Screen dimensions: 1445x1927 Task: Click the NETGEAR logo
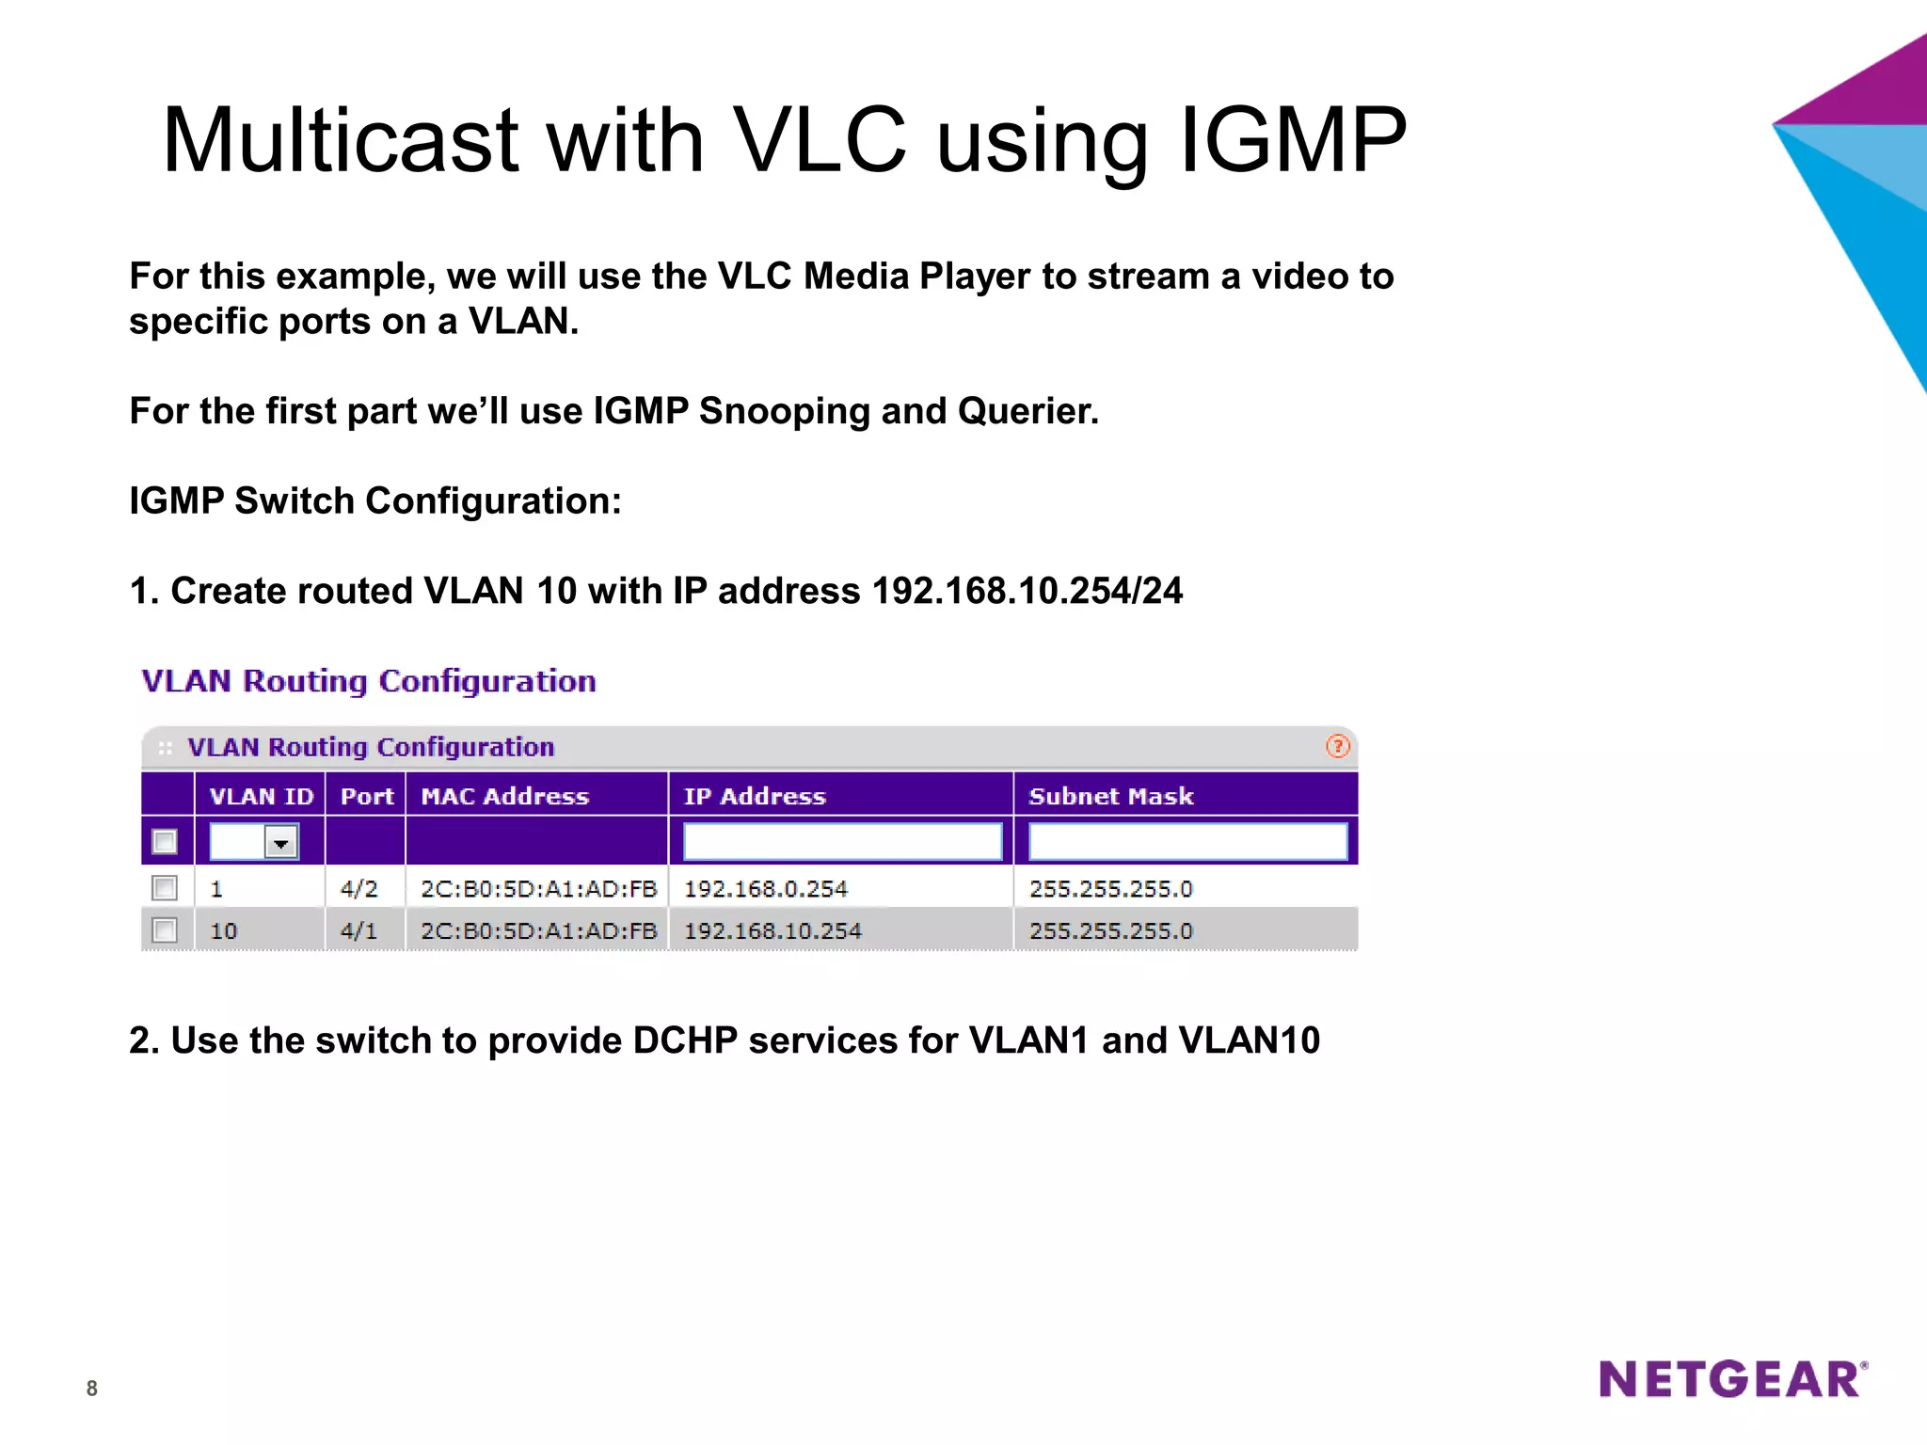tap(1732, 1379)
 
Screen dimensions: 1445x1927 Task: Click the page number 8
tap(91, 1388)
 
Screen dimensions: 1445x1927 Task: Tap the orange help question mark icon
tap(1337, 747)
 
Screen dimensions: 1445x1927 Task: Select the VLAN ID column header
tap(261, 796)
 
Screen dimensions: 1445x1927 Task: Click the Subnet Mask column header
tap(1110, 796)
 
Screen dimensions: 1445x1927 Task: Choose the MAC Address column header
tap(504, 796)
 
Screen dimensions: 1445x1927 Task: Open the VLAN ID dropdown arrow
tap(280, 842)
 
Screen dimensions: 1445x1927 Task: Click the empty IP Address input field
tap(842, 841)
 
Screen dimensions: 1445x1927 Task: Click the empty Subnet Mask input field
tap(1187, 841)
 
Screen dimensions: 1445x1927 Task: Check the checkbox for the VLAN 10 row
tap(165, 930)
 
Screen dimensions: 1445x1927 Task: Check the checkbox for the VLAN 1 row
tap(165, 888)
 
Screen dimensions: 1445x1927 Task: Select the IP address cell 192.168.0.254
tap(765, 889)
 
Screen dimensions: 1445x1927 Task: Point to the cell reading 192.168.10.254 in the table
tap(772, 931)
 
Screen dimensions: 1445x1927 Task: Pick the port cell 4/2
tap(358, 889)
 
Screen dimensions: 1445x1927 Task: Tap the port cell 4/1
tap(358, 931)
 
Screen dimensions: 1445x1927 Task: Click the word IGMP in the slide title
tap(1292, 141)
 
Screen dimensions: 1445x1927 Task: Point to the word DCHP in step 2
tap(685, 1040)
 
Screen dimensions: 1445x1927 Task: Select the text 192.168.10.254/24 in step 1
tap(1027, 591)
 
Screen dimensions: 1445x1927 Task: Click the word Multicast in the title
tap(340, 141)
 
